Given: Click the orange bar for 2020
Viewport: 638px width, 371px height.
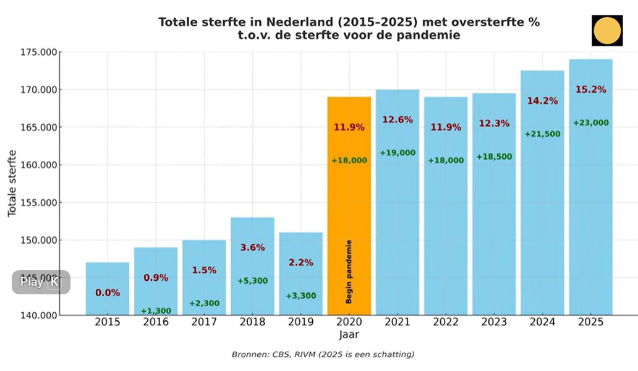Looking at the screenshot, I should pyautogui.click(x=349, y=204).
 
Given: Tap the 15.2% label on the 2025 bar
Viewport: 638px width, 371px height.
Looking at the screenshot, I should pyautogui.click(x=590, y=90).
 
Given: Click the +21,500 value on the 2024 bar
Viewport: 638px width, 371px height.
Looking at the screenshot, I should pyautogui.click(x=542, y=134).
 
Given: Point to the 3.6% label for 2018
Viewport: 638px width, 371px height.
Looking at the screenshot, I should pyautogui.click(x=252, y=247).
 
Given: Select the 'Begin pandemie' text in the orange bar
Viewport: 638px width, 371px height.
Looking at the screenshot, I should pyautogui.click(x=349, y=271).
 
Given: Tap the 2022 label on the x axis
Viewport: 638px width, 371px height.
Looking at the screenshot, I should pyautogui.click(x=446, y=322).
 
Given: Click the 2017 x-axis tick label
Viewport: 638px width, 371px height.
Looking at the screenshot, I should pyautogui.click(x=204, y=322).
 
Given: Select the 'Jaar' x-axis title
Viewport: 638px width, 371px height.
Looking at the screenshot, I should pyautogui.click(x=349, y=335).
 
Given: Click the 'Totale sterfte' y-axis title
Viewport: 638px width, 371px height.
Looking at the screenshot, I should pyautogui.click(x=12, y=184).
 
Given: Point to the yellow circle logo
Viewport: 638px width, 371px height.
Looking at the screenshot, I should pyautogui.click(x=606, y=30).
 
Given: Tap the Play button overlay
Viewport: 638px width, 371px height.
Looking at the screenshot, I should pyautogui.click(x=40, y=282).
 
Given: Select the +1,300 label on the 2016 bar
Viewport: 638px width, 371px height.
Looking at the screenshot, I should pyautogui.click(x=156, y=311).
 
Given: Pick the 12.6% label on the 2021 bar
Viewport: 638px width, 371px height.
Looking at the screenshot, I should pyautogui.click(x=398, y=119).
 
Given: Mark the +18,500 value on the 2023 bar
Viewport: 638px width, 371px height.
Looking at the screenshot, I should pyautogui.click(x=494, y=157).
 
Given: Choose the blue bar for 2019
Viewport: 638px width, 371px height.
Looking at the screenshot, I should pyautogui.click(x=300, y=272).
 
